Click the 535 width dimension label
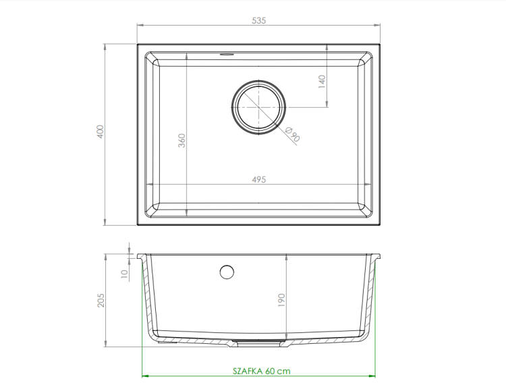(259, 20)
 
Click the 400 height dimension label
(101, 131)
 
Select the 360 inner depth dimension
(181, 141)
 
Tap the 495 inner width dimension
(259, 179)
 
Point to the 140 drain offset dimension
(322, 82)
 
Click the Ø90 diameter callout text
(293, 135)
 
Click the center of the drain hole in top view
(258, 107)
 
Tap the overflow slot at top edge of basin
(227, 55)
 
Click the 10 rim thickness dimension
(124, 274)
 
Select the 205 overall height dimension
(101, 300)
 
